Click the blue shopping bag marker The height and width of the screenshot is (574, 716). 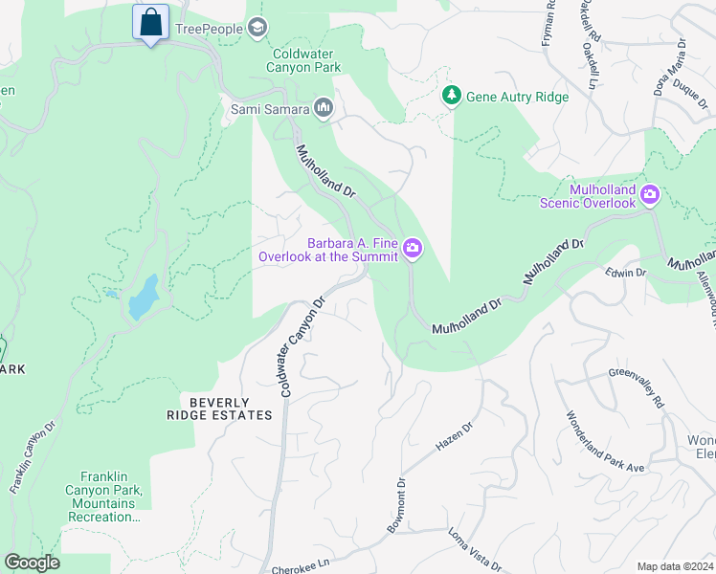pos(150,23)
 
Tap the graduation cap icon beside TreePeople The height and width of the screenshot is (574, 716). pos(257,28)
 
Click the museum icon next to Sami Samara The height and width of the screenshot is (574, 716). pos(323,108)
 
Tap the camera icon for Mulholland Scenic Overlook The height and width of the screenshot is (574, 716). pos(650,196)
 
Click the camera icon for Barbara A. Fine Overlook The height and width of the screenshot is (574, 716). pos(413,249)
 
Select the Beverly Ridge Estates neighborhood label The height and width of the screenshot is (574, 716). pos(231,408)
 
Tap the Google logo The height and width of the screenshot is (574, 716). pos(33,563)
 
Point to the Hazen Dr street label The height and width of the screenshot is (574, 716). pos(455,438)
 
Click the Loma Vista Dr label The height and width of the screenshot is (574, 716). pos(474,549)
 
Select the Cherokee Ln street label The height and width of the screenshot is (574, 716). pos(300,564)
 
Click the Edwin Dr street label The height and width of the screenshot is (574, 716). pos(626,273)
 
